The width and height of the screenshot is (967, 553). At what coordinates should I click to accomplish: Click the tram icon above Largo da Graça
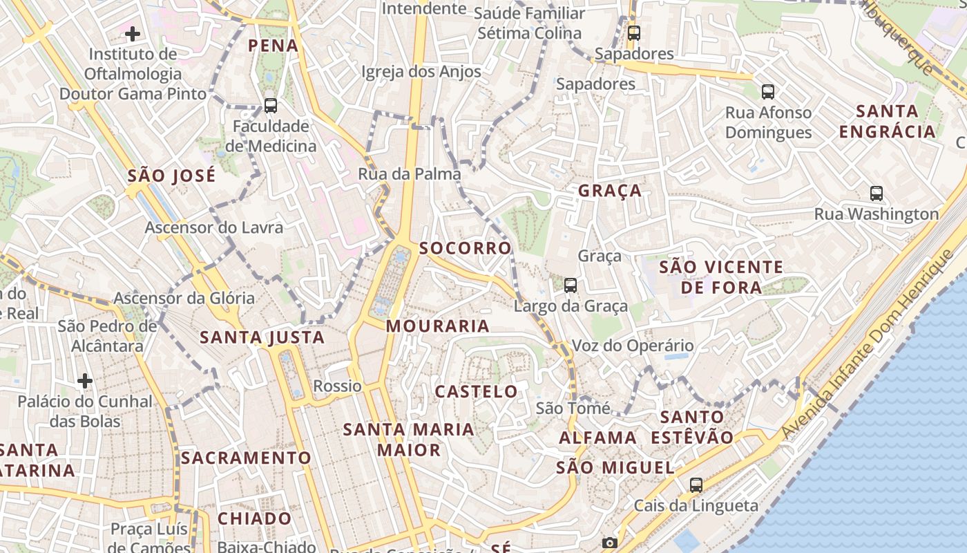571,285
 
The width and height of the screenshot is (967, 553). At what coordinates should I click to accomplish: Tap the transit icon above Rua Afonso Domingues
767,91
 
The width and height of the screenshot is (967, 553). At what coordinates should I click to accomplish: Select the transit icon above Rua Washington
877,194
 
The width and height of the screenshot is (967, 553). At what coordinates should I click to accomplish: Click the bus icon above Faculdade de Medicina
271,106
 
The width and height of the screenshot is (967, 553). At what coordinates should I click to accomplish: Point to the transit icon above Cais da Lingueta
696,485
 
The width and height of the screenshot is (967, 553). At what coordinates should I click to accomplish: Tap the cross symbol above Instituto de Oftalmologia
133,33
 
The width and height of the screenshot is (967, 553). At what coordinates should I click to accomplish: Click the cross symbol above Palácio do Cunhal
85,381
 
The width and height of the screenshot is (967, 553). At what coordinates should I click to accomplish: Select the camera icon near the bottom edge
609,543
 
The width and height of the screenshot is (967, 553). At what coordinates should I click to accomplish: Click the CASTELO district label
476,391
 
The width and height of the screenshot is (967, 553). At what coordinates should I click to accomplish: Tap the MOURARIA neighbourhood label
437,326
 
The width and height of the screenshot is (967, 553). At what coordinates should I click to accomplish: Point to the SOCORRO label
466,247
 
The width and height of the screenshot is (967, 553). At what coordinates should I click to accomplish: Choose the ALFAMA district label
597,438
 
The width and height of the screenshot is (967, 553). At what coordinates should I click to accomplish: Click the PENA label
273,46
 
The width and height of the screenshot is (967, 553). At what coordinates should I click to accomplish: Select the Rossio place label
337,386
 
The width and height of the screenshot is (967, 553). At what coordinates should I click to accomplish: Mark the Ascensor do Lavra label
213,227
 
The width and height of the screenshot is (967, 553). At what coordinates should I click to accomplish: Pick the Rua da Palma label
409,174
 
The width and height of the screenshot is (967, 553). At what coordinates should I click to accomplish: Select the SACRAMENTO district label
246,458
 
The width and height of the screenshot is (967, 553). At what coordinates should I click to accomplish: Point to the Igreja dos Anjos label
421,72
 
